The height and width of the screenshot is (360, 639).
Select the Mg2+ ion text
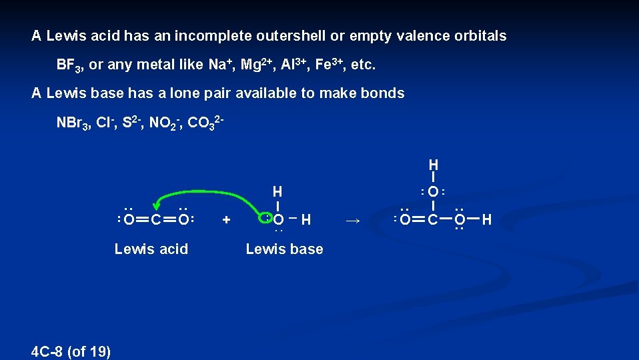(x=256, y=65)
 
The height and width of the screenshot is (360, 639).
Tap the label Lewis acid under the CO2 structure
(x=151, y=249)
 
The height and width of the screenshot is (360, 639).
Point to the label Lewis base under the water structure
(x=284, y=249)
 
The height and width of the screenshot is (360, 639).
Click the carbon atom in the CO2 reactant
(x=154, y=219)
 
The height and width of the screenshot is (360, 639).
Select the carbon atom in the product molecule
(x=433, y=219)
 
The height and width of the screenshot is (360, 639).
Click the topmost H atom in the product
(x=434, y=164)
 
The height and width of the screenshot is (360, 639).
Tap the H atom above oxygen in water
(x=277, y=191)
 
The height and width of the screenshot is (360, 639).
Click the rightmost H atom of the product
(x=486, y=219)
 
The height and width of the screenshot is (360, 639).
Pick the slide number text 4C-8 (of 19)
(x=71, y=351)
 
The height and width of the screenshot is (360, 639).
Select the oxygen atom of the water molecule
(x=278, y=219)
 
